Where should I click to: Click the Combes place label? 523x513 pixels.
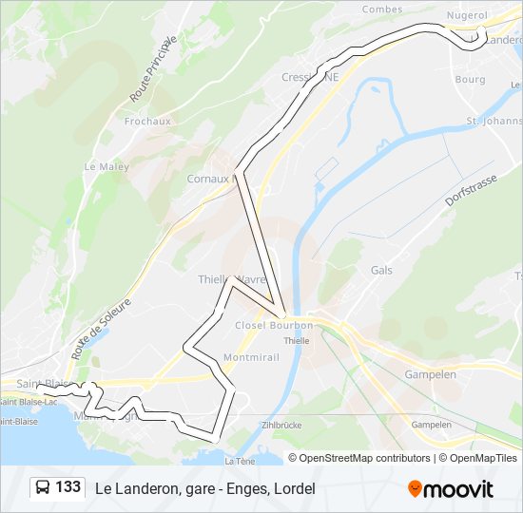tap(381, 9)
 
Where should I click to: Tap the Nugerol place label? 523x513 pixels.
tap(468, 16)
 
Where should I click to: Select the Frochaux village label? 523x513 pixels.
tap(147, 122)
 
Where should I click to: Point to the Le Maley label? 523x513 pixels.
tap(106, 166)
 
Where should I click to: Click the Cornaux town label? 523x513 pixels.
tap(209, 178)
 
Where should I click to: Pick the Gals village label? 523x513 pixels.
tap(380, 271)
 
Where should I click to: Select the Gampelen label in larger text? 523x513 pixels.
tap(430, 374)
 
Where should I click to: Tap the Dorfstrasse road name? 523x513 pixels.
tap(472, 190)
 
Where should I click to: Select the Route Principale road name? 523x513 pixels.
tap(153, 69)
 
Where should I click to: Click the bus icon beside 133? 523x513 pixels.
tap(43, 488)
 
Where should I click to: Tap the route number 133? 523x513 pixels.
tap(68, 487)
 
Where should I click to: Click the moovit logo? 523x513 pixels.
tap(450, 488)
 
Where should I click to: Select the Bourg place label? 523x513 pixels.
tap(470, 80)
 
